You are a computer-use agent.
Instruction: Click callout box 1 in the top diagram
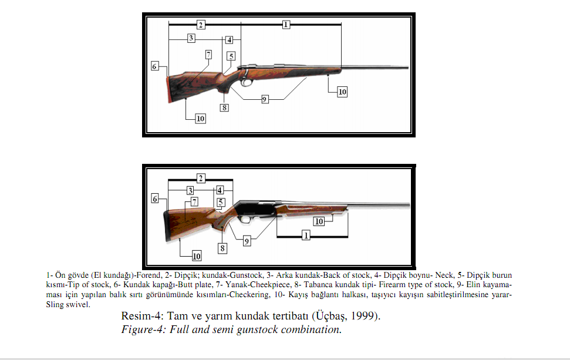[286, 25]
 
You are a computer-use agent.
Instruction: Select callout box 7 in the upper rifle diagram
[208, 55]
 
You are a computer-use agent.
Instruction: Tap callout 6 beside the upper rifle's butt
[155, 66]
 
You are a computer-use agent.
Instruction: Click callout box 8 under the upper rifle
[224, 107]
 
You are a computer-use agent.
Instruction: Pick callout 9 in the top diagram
[265, 99]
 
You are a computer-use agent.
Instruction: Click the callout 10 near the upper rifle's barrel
[342, 92]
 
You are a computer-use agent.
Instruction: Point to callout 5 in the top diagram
[231, 56]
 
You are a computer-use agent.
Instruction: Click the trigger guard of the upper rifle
[247, 82]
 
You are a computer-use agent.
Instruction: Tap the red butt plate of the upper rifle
[170, 89]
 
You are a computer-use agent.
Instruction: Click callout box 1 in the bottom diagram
[306, 235]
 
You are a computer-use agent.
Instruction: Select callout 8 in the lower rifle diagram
[222, 248]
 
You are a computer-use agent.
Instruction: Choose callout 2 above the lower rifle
[201, 179]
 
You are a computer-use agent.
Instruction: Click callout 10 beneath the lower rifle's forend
[319, 221]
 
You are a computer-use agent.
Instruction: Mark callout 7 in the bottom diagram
[194, 202]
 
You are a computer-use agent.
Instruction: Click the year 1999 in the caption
[365, 315]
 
